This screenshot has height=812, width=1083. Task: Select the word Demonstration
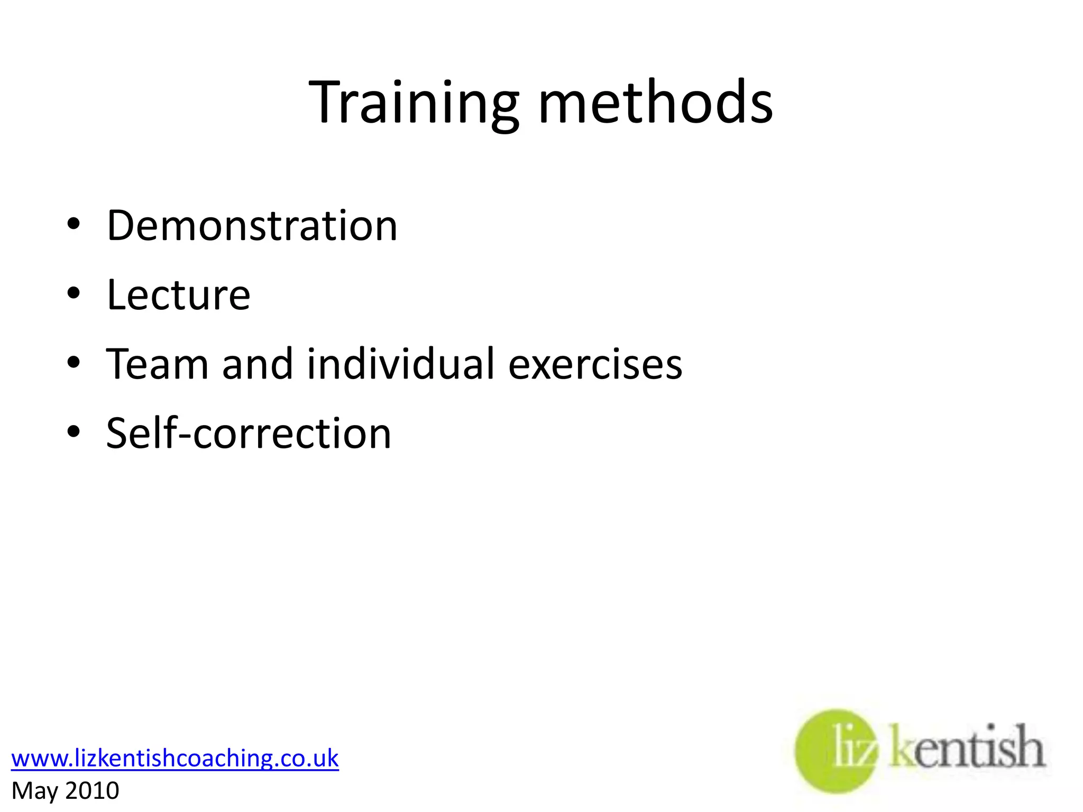coord(252,226)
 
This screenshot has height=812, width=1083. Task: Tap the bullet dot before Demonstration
coord(74,224)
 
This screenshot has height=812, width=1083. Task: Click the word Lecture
coord(179,295)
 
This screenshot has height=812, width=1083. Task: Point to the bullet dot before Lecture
coord(74,293)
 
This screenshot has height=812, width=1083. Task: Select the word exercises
coord(595,365)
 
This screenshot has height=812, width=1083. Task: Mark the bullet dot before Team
coord(74,362)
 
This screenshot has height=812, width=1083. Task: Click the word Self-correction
coord(249,433)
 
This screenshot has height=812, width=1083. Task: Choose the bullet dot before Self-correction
coord(74,431)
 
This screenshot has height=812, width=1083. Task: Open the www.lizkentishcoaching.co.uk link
coord(175,758)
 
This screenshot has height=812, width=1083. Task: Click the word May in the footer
coord(34,791)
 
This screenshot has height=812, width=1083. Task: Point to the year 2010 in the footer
coord(93,791)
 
